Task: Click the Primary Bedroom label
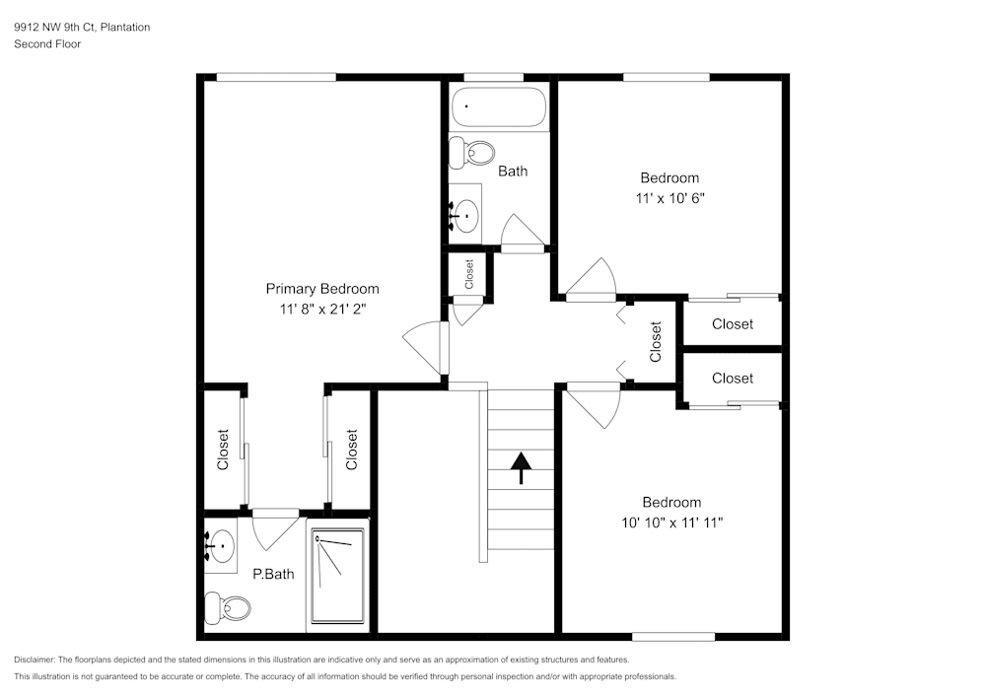pos(322,289)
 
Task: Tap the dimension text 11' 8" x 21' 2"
pos(322,309)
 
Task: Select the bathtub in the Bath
pos(498,107)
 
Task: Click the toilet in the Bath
pos(472,153)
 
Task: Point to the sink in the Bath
pos(464,213)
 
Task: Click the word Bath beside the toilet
pos(513,171)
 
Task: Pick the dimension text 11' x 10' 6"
pos(669,197)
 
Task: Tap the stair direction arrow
pos(520,467)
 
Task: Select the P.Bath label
pos(273,574)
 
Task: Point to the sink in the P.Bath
pos(221,543)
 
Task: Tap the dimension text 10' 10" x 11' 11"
pos(670,522)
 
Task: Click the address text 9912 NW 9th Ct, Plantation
pos(82,28)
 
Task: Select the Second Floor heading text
pos(47,44)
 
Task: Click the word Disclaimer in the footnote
pos(35,660)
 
